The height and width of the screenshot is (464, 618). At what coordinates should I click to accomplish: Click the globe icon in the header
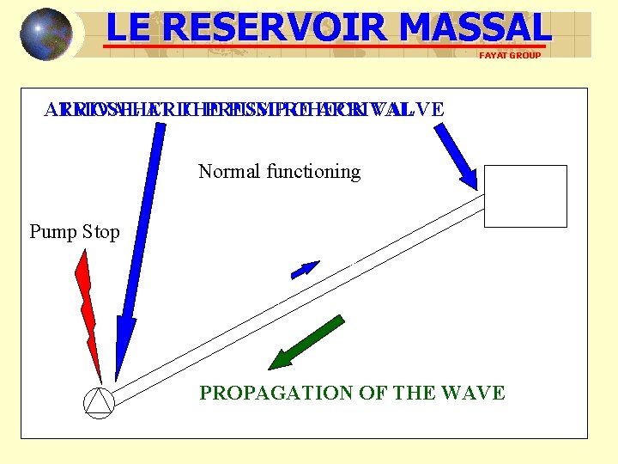tap(46, 34)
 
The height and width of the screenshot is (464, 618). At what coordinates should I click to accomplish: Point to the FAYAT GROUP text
tap(510, 55)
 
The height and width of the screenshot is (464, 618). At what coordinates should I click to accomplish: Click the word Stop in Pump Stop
tap(101, 231)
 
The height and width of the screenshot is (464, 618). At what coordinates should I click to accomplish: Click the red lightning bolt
tap(88, 309)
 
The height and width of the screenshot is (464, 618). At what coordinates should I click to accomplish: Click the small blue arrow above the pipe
tap(305, 270)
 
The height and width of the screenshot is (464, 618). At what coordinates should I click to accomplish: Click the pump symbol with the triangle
tap(99, 402)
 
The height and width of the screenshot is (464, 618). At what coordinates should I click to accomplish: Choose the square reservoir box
tap(525, 196)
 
